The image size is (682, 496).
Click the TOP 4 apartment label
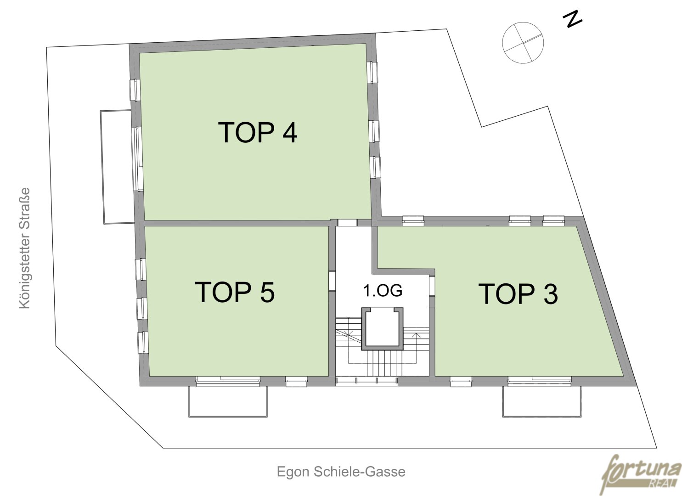point(258,132)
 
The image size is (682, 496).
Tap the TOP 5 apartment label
point(235,292)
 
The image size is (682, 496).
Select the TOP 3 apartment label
point(519,293)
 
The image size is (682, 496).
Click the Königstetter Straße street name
point(25,248)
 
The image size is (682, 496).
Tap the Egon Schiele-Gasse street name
point(341,472)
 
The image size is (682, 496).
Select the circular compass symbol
point(523,43)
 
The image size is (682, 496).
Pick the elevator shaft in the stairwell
point(383,329)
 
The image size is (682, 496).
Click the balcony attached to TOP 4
point(118,167)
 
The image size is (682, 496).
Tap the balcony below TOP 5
point(228,401)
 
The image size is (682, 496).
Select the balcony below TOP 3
point(541,401)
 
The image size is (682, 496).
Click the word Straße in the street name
point(25,208)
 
